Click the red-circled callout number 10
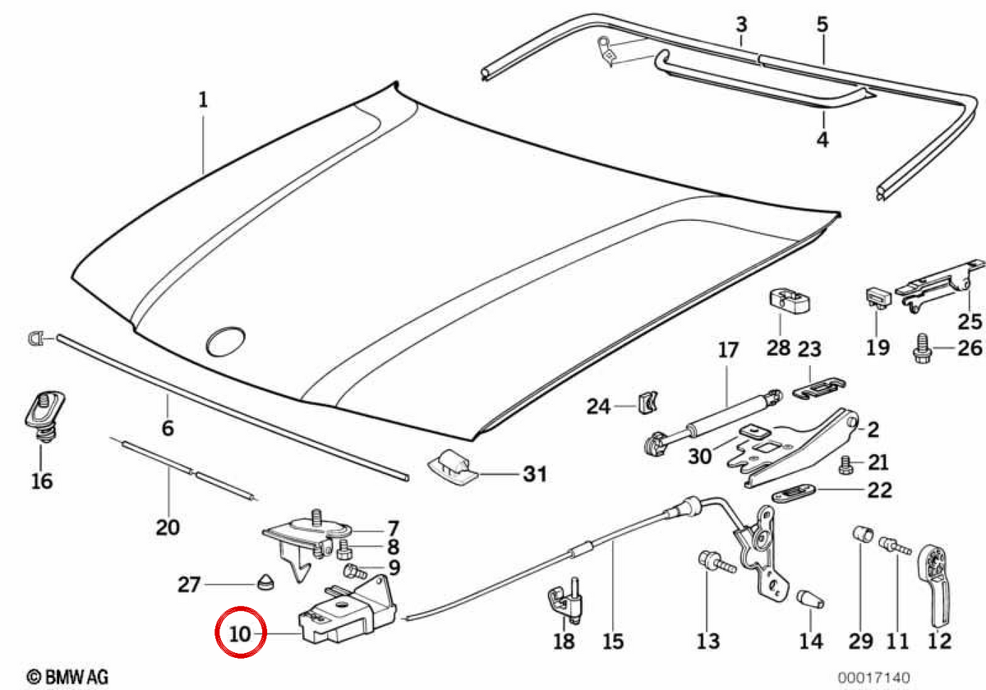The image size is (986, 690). (240, 634)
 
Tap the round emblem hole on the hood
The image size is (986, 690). (226, 341)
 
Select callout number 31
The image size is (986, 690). (535, 474)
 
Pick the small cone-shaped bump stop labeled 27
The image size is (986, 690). (265, 582)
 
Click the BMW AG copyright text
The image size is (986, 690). (67, 677)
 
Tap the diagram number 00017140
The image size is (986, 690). (873, 677)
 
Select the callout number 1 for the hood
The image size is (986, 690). (203, 100)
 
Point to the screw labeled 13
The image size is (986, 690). (716, 563)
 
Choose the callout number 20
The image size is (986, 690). (168, 527)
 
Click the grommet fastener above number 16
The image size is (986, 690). (44, 416)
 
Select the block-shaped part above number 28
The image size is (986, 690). (790, 301)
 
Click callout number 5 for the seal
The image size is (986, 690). (822, 25)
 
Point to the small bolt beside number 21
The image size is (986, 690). (845, 465)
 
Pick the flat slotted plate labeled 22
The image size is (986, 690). (795, 493)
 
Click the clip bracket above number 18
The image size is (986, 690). (565, 600)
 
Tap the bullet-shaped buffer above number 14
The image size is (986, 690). (810, 599)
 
